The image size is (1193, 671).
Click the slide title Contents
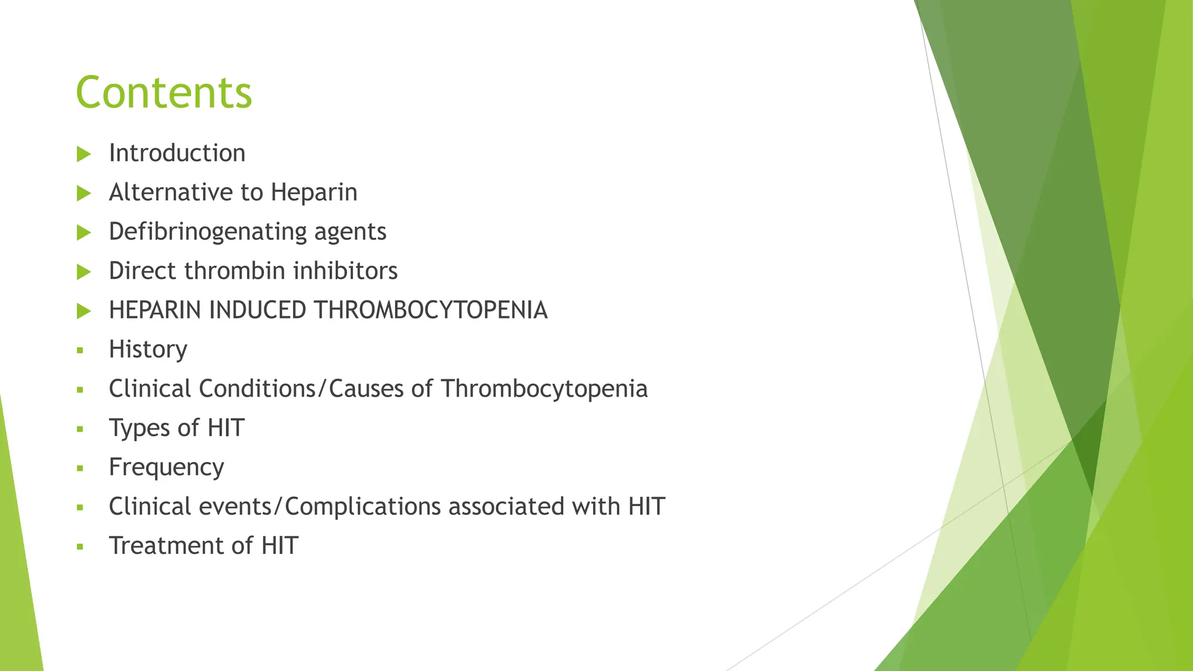coord(164,93)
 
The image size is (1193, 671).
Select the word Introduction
coord(177,154)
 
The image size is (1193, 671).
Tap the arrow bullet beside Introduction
coord(84,154)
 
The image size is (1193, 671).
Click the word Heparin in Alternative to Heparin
coord(314,193)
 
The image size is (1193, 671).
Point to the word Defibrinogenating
coord(208,232)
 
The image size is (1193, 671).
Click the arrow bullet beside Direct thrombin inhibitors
coord(84,272)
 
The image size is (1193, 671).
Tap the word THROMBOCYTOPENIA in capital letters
coord(431,310)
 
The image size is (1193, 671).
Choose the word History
coord(148,350)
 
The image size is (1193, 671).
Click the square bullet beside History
coord(80,351)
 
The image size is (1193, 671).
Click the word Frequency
coord(167,468)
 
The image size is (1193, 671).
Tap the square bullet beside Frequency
coord(80,468)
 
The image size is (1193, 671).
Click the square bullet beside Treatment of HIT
coord(80,547)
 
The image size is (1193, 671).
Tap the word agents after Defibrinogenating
coord(350,232)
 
